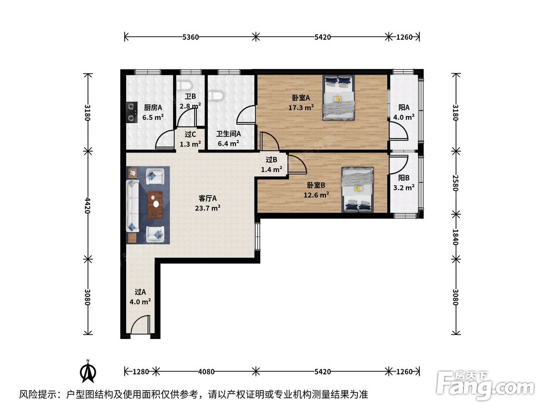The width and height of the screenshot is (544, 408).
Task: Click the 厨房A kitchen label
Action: click(153, 108)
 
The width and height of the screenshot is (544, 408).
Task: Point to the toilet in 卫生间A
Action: click(218, 95)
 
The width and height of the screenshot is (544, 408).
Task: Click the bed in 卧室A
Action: click(338, 98)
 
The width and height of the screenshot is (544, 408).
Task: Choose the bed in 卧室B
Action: click(357, 189)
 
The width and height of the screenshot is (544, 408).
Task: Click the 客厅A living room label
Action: click(207, 199)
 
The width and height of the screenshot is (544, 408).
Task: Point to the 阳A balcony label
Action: click(404, 108)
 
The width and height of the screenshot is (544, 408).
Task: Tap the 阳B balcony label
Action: click(404, 178)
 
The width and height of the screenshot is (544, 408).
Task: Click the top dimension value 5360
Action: click(190, 37)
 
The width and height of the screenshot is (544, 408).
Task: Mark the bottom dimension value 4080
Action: click(206, 372)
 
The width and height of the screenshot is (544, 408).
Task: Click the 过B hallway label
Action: click(271, 160)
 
